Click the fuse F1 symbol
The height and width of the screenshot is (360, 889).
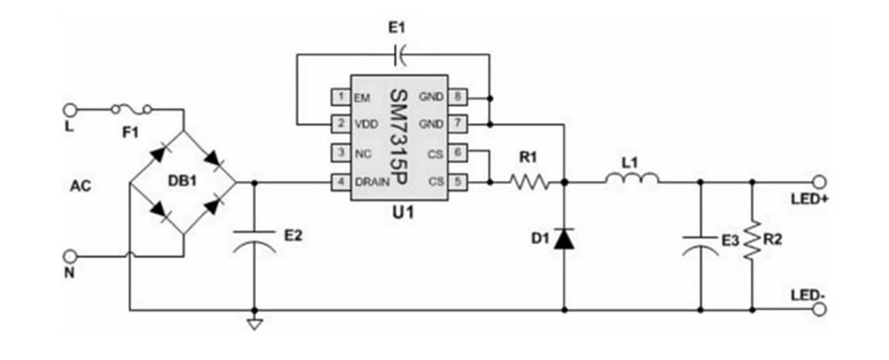tap(132, 109)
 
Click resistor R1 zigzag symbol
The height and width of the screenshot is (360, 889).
tap(530, 183)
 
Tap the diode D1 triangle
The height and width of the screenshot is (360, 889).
tap(564, 238)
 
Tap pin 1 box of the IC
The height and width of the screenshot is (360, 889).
tap(340, 96)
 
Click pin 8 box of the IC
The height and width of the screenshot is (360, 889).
tap(457, 96)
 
